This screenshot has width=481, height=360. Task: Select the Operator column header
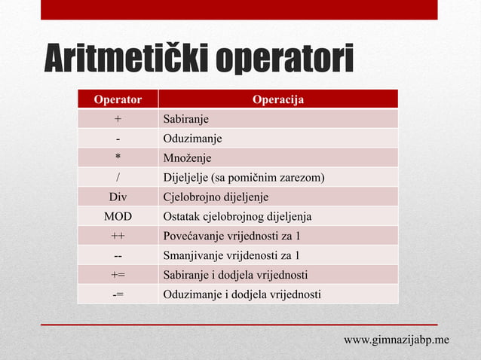pyautogui.click(x=118, y=99)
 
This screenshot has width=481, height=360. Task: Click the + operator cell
pyautogui.click(x=118, y=119)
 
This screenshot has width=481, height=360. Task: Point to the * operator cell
pyautogui.click(x=118, y=158)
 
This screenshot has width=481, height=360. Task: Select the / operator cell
pyautogui.click(x=118, y=178)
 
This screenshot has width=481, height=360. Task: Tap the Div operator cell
pyautogui.click(x=118, y=197)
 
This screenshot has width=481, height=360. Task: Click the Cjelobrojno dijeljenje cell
pyautogui.click(x=216, y=197)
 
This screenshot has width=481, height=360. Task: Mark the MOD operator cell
pyautogui.click(x=118, y=217)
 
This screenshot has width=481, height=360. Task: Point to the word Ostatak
pyautogui.click(x=182, y=217)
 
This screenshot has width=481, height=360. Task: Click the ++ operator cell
pyautogui.click(x=118, y=236)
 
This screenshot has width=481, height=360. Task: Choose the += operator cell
pyautogui.click(x=118, y=275)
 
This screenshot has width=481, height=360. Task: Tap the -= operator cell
pyautogui.click(x=118, y=294)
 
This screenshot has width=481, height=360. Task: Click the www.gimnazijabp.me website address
pyautogui.click(x=397, y=340)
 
